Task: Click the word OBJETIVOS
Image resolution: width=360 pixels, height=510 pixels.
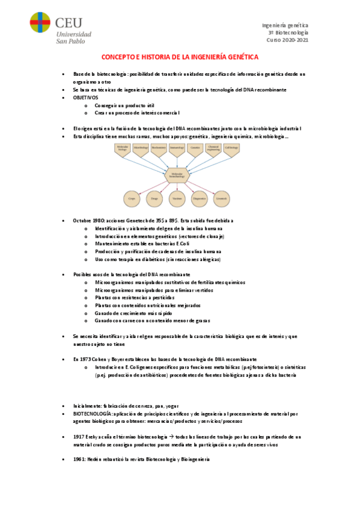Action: click(85, 97)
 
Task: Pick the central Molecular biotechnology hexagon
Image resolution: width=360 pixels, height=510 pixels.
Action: click(177, 174)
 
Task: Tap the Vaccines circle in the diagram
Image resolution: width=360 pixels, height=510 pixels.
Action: click(177, 198)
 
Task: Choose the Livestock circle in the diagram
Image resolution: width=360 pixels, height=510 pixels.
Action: click(222, 198)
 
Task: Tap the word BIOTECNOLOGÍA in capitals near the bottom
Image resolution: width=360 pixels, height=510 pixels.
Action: click(92, 414)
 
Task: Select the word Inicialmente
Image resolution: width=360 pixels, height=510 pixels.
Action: click(87, 407)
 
